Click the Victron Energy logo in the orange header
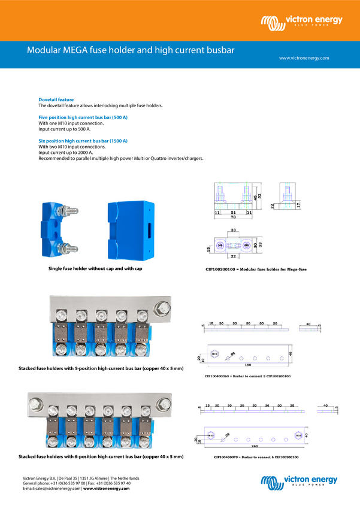coord(301,23)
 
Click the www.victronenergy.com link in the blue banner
coord(304,58)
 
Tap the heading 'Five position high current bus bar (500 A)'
coord(83,117)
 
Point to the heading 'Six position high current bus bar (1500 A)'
coord(83,141)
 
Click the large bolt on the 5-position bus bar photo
coord(161,310)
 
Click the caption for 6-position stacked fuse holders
coord(101,457)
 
